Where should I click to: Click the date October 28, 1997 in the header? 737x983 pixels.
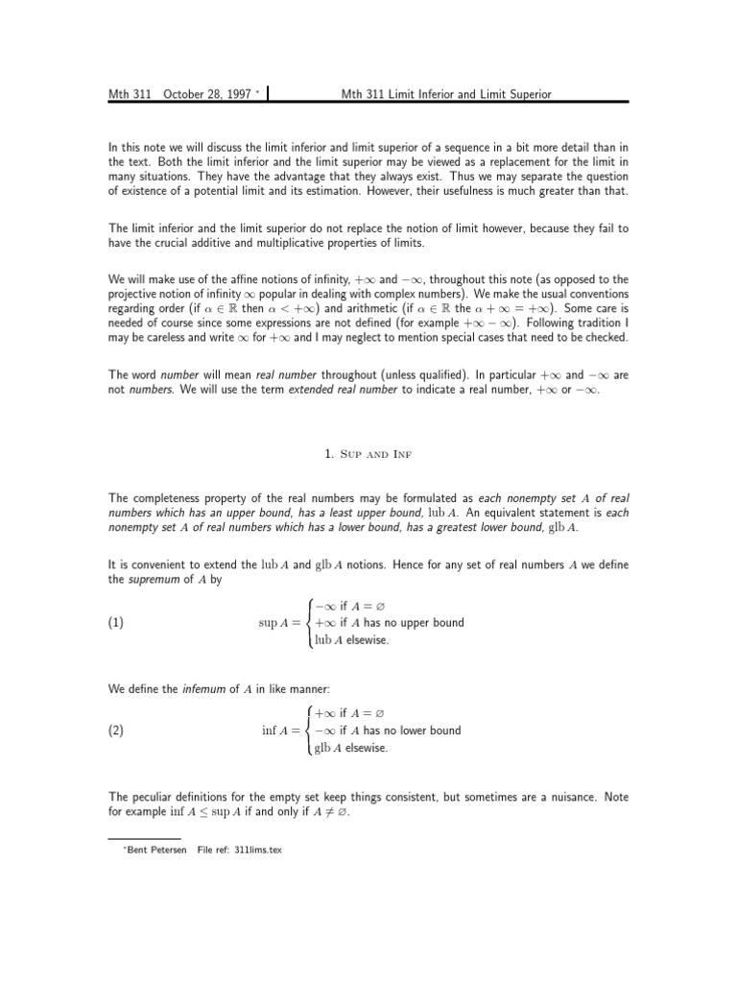(x=206, y=94)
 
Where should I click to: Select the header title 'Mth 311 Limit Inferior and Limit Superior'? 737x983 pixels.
(x=446, y=94)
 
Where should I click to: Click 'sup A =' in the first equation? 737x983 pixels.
(x=280, y=622)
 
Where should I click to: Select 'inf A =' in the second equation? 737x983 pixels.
(x=282, y=730)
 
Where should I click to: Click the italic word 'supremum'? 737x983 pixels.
(x=154, y=581)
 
